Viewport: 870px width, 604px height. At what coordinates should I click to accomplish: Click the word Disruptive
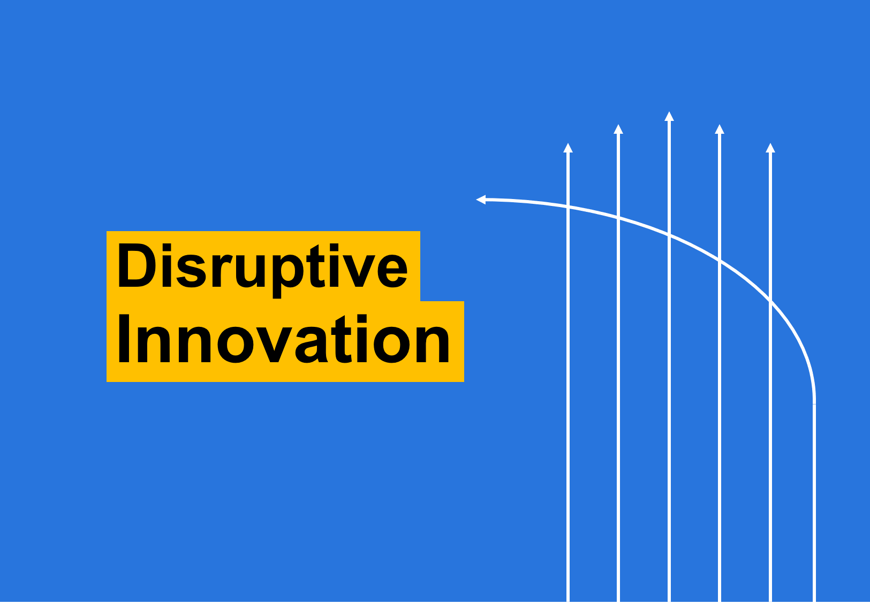262,271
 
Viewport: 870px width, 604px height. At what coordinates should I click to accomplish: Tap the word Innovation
284,339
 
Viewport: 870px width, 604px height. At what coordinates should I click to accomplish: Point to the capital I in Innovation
124,339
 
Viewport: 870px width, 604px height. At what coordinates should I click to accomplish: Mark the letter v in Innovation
274,345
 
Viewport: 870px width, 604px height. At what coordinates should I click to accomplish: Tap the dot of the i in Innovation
362,319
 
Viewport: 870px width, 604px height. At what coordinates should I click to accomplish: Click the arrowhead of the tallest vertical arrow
669,117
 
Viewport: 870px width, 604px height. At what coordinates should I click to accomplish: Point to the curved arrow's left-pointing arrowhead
481,200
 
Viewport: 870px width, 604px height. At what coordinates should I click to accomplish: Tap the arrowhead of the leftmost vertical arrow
568,148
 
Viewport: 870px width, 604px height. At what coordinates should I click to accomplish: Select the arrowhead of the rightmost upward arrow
770,148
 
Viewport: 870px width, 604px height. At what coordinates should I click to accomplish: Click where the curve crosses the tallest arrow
669,234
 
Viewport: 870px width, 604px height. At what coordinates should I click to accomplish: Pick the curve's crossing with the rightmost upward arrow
770,301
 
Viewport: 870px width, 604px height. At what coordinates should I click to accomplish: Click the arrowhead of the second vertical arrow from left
618,129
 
